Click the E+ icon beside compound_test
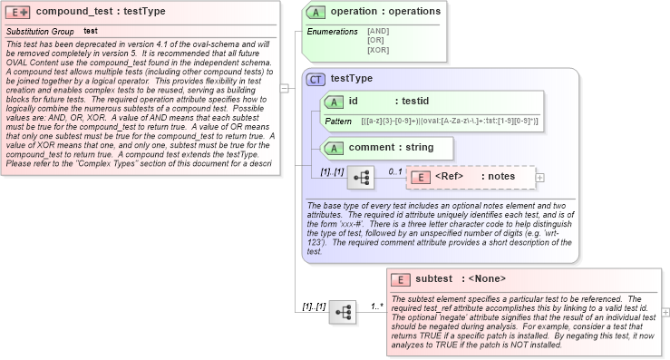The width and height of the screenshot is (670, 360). click(x=18, y=13)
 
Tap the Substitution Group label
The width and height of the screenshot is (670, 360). click(x=40, y=31)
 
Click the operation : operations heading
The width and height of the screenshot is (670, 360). click(x=385, y=12)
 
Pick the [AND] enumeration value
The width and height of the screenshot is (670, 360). click(x=378, y=31)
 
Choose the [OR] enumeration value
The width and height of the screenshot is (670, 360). click(x=375, y=40)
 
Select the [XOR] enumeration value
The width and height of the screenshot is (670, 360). click(x=378, y=49)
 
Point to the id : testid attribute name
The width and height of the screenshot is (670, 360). click(x=389, y=102)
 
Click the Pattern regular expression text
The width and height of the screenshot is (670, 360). click(x=449, y=121)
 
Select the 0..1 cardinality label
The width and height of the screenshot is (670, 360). click(x=395, y=171)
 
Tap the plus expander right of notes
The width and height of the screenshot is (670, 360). click(x=540, y=178)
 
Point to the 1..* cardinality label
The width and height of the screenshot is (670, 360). click(x=377, y=306)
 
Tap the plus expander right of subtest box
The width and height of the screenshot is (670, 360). click(x=666, y=312)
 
